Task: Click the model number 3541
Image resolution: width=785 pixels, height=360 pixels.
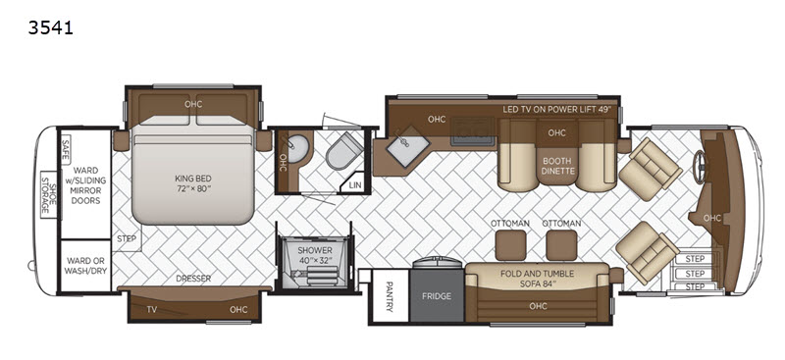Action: (51, 27)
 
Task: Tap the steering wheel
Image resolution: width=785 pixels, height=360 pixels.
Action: (699, 161)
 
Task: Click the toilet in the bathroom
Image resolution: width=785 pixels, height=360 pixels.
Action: (344, 151)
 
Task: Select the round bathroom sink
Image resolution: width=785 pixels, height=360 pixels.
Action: (299, 148)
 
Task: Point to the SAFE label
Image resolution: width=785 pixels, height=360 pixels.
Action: (65, 149)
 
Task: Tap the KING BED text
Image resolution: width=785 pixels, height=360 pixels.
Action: (193, 183)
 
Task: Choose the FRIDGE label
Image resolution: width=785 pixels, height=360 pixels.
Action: (436, 296)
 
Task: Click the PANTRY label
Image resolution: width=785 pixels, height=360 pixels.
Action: (390, 296)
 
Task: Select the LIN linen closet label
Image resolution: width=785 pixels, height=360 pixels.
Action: (355, 185)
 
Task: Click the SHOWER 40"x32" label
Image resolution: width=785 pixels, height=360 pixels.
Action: (315, 254)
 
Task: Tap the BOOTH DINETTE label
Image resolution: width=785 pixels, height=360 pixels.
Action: (556, 166)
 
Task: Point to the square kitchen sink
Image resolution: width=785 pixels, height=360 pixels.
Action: (408, 146)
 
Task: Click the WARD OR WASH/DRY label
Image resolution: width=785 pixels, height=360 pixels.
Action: (85, 266)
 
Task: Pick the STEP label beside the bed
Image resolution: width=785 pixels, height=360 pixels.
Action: (127, 238)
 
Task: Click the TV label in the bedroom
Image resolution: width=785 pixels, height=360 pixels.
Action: (152, 309)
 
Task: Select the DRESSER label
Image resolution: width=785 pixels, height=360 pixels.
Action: (193, 279)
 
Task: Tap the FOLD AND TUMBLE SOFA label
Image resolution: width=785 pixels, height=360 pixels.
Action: (537, 279)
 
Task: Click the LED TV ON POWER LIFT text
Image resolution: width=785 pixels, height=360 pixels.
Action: (557, 110)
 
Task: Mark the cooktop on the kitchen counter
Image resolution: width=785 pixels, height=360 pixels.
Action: (472, 131)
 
